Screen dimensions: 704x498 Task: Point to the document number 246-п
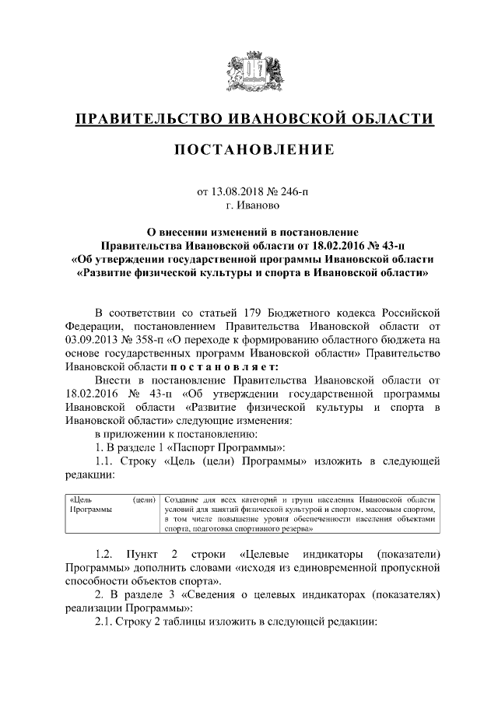click(293, 191)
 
